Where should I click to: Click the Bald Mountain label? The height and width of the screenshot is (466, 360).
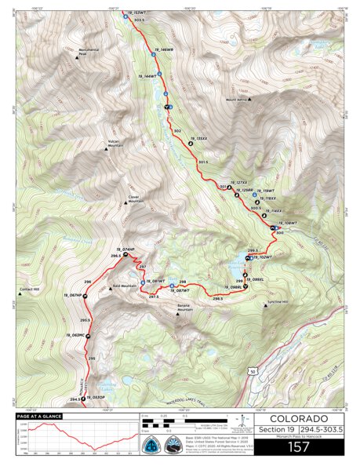click(128, 286)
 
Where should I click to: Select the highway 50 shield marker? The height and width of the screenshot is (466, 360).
click(253, 370)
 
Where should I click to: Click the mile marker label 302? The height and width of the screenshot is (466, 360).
click(177, 130)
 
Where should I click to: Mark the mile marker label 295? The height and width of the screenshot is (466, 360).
click(92, 359)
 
